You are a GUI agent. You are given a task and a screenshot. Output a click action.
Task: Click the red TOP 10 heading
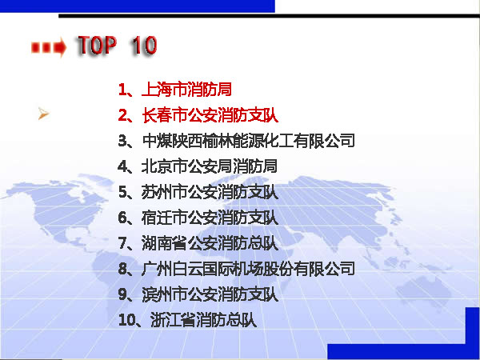pos(117,46)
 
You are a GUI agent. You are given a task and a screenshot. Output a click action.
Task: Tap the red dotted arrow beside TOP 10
pos(49,47)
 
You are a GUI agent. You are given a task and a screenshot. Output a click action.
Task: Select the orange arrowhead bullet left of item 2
pos(43,114)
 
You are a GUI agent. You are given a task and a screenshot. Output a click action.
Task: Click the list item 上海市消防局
pos(186,90)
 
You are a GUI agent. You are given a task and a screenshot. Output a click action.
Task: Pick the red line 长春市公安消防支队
pos(210,115)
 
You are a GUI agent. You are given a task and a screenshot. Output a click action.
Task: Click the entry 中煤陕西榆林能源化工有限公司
pos(248,141)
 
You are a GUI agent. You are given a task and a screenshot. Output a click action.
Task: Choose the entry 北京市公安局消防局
pos(210,166)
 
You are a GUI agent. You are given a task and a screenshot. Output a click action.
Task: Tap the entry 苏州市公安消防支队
pos(210,192)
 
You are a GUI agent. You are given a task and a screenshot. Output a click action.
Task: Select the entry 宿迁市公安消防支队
pos(210,218)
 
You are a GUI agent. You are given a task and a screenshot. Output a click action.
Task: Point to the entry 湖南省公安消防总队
pos(210,243)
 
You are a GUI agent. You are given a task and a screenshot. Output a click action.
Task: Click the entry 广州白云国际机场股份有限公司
pos(248,269)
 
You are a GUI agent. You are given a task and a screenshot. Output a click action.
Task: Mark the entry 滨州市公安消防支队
pos(210,294)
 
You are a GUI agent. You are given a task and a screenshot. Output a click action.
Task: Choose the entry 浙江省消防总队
pos(203,320)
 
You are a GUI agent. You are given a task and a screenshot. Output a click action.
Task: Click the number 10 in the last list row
pos(126,321)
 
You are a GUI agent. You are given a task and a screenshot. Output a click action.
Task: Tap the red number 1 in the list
pos(122,90)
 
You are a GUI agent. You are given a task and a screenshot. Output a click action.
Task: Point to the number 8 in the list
pos(122,269)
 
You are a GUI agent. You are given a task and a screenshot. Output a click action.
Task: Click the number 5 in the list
pos(122,193)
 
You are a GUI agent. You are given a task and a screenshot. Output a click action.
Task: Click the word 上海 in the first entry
pos(157,90)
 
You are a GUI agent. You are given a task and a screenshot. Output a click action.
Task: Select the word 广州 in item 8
pos(157,269)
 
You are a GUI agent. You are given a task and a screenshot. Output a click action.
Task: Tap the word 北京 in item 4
pos(157,166)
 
